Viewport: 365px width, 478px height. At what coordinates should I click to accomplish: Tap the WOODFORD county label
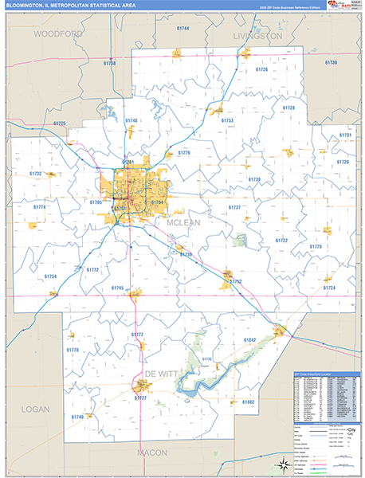pos(58,34)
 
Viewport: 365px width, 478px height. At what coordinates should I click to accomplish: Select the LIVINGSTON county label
pos(258,36)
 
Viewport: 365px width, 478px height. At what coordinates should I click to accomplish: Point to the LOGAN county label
pos(33,409)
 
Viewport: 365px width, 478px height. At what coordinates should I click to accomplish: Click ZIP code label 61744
pos(183,28)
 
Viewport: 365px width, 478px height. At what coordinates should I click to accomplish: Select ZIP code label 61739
pos(330,62)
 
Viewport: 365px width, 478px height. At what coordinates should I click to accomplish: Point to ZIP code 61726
pos(261,69)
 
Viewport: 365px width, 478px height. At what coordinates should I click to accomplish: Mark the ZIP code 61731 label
pos(345,135)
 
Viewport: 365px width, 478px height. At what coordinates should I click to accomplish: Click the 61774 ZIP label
pos(40,207)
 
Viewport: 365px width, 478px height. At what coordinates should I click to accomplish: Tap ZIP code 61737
pos(234,207)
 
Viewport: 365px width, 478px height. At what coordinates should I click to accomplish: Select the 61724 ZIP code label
pos(330,288)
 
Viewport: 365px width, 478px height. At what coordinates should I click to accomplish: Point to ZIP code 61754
pos(50,276)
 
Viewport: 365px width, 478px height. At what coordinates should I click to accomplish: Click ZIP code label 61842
pos(250,340)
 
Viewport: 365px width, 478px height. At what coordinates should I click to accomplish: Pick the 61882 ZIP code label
pos(249,402)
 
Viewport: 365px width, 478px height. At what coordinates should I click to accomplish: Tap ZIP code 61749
pos(77,417)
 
